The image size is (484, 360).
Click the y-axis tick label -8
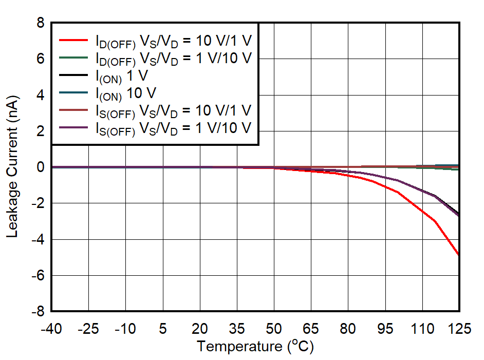(38, 312)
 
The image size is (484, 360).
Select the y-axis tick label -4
(38, 240)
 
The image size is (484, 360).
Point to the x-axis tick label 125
(459, 329)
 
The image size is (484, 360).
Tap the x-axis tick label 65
(311, 329)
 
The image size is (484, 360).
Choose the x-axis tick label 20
(200, 329)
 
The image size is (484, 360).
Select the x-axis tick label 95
(385, 329)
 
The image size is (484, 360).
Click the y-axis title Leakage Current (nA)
(13, 166)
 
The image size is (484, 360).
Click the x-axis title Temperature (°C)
(255, 347)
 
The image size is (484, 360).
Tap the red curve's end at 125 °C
(458, 255)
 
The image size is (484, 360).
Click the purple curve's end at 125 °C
(458, 216)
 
